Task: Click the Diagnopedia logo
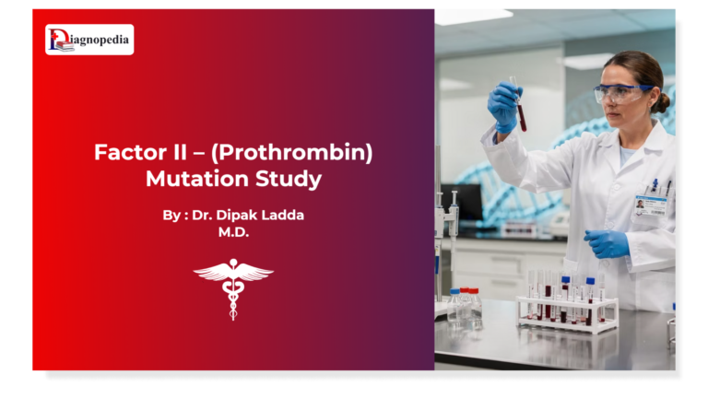point(89,40)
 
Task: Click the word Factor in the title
point(125,152)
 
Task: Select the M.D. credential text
point(233,232)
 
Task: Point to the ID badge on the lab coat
point(650,205)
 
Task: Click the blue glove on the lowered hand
point(606,243)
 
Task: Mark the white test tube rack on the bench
point(567,313)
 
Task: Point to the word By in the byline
point(171,215)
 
